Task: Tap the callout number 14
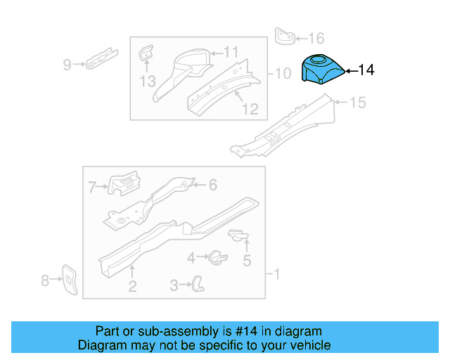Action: coord(366,70)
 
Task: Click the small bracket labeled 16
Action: coord(285,36)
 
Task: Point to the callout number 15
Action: coord(357,103)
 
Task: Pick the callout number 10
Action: coord(282,73)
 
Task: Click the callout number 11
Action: coord(231,51)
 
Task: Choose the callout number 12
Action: coord(250,109)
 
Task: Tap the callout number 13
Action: coord(147,82)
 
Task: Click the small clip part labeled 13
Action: coord(146,54)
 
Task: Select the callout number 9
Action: coord(67,65)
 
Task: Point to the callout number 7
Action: coord(92,186)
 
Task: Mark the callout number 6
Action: coord(213,185)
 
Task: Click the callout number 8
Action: coord(46,281)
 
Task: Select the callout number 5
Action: coord(247,262)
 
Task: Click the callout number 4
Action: coord(191,258)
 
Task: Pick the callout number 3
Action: coord(174,285)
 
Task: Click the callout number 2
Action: coord(131,285)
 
